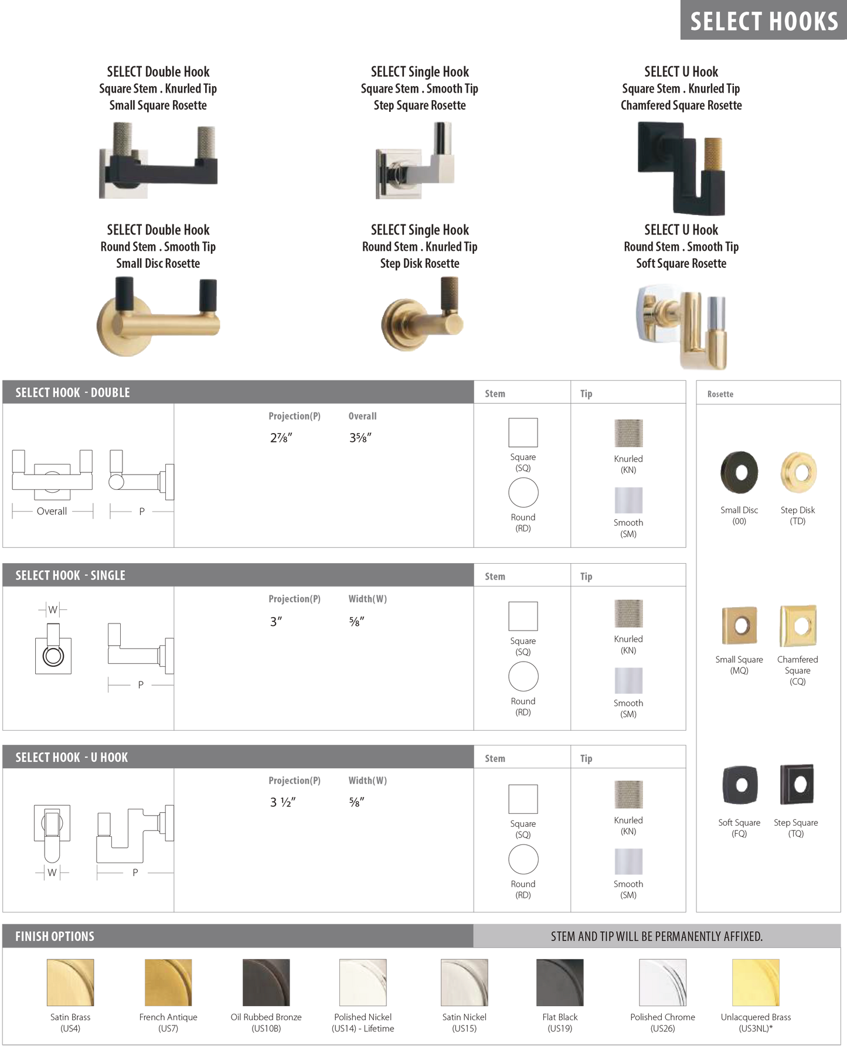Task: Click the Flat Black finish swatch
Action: point(560,982)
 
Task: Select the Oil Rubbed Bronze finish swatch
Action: point(266,982)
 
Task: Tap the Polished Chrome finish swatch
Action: point(662,982)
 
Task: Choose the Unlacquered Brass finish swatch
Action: point(756,982)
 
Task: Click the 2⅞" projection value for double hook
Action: point(281,438)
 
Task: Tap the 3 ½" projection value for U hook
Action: point(283,802)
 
